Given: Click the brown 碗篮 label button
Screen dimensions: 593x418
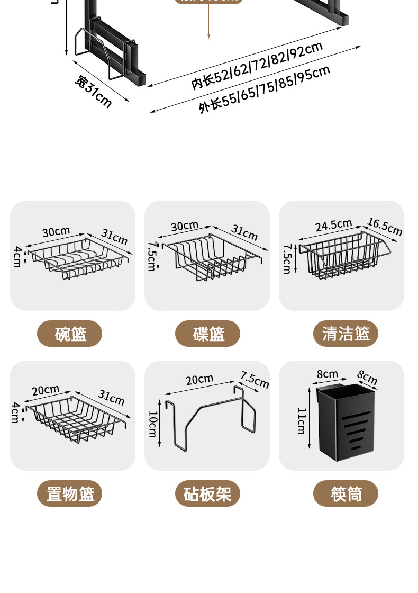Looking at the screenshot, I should coord(69,334).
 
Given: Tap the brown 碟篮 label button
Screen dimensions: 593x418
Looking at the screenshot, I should coord(208,334).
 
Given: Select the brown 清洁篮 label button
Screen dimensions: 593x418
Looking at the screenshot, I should coord(346,334).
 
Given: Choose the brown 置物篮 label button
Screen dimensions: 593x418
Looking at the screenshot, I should coord(69,494).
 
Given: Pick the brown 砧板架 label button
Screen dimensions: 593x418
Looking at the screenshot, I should coord(208,494).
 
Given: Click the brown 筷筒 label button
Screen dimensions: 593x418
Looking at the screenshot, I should coord(346,494).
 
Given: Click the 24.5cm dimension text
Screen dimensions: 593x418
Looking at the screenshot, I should coord(334,225).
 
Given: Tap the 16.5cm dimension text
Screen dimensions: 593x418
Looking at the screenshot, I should coord(385,227).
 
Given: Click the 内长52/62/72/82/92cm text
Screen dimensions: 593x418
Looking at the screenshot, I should coord(257,66).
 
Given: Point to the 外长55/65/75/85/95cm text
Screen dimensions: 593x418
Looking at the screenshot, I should coord(265,89).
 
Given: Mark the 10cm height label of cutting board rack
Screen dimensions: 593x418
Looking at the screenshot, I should coord(152,424).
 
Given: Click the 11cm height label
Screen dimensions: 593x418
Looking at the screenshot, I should coord(301,421).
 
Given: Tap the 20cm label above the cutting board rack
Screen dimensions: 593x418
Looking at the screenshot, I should coord(199,379).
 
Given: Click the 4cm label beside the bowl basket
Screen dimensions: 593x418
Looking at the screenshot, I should coord(17,257).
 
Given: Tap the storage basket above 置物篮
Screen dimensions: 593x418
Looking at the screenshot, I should coord(77,418).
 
